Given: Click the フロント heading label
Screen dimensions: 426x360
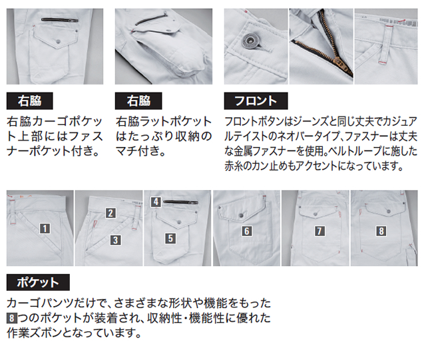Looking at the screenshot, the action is (256, 100).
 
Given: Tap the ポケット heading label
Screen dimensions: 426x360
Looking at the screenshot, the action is (38, 282).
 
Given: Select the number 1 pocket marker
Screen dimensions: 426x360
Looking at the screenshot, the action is (45, 228).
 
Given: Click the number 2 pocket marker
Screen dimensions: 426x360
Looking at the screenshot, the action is (110, 213).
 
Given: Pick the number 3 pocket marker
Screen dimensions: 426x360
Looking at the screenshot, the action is (115, 240).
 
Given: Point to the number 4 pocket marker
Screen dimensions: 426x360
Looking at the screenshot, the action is (156, 202).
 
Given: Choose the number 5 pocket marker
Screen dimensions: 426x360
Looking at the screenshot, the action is (170, 238).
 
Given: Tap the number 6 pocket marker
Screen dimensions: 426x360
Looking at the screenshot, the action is (247, 231).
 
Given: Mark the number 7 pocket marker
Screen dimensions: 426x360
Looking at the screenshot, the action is (319, 231).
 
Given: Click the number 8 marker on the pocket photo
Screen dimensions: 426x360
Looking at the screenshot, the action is (381, 231).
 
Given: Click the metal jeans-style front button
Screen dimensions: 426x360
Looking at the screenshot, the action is (250, 41).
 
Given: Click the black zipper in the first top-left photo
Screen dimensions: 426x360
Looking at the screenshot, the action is (60, 20).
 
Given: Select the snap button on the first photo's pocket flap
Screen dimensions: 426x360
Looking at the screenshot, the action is (59, 41).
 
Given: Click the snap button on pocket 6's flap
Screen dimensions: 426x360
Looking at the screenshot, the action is (241, 216).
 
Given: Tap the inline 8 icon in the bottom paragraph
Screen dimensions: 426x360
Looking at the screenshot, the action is (11, 318).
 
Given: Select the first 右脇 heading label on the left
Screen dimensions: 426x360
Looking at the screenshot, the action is (29, 100).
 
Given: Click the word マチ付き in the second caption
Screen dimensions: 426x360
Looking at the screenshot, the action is (140, 151).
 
